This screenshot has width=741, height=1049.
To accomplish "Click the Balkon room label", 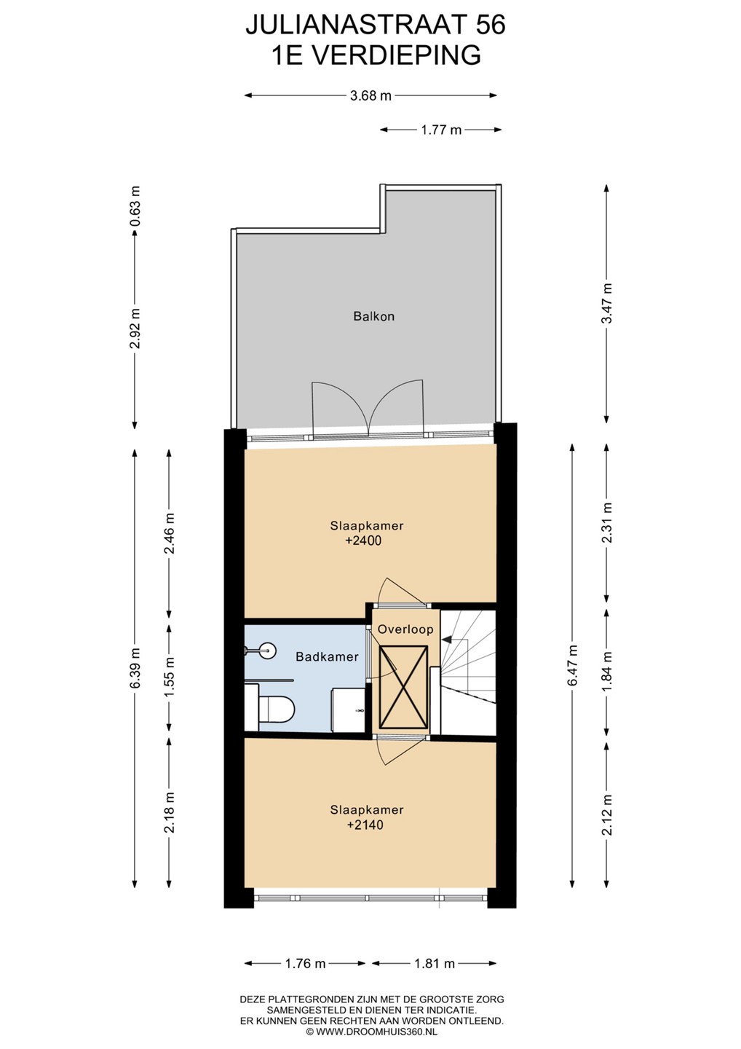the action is [373, 317].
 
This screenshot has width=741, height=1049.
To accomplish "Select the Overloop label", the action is [405, 629].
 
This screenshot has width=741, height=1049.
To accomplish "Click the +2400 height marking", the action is [363, 541].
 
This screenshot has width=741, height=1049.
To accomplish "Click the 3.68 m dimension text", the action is [370, 96].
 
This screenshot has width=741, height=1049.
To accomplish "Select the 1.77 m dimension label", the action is [441, 130].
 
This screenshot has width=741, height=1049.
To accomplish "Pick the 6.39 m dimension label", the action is [135, 668].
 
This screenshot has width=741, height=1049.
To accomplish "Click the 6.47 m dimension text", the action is [573, 666].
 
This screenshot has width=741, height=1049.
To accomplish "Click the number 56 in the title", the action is [491, 24].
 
